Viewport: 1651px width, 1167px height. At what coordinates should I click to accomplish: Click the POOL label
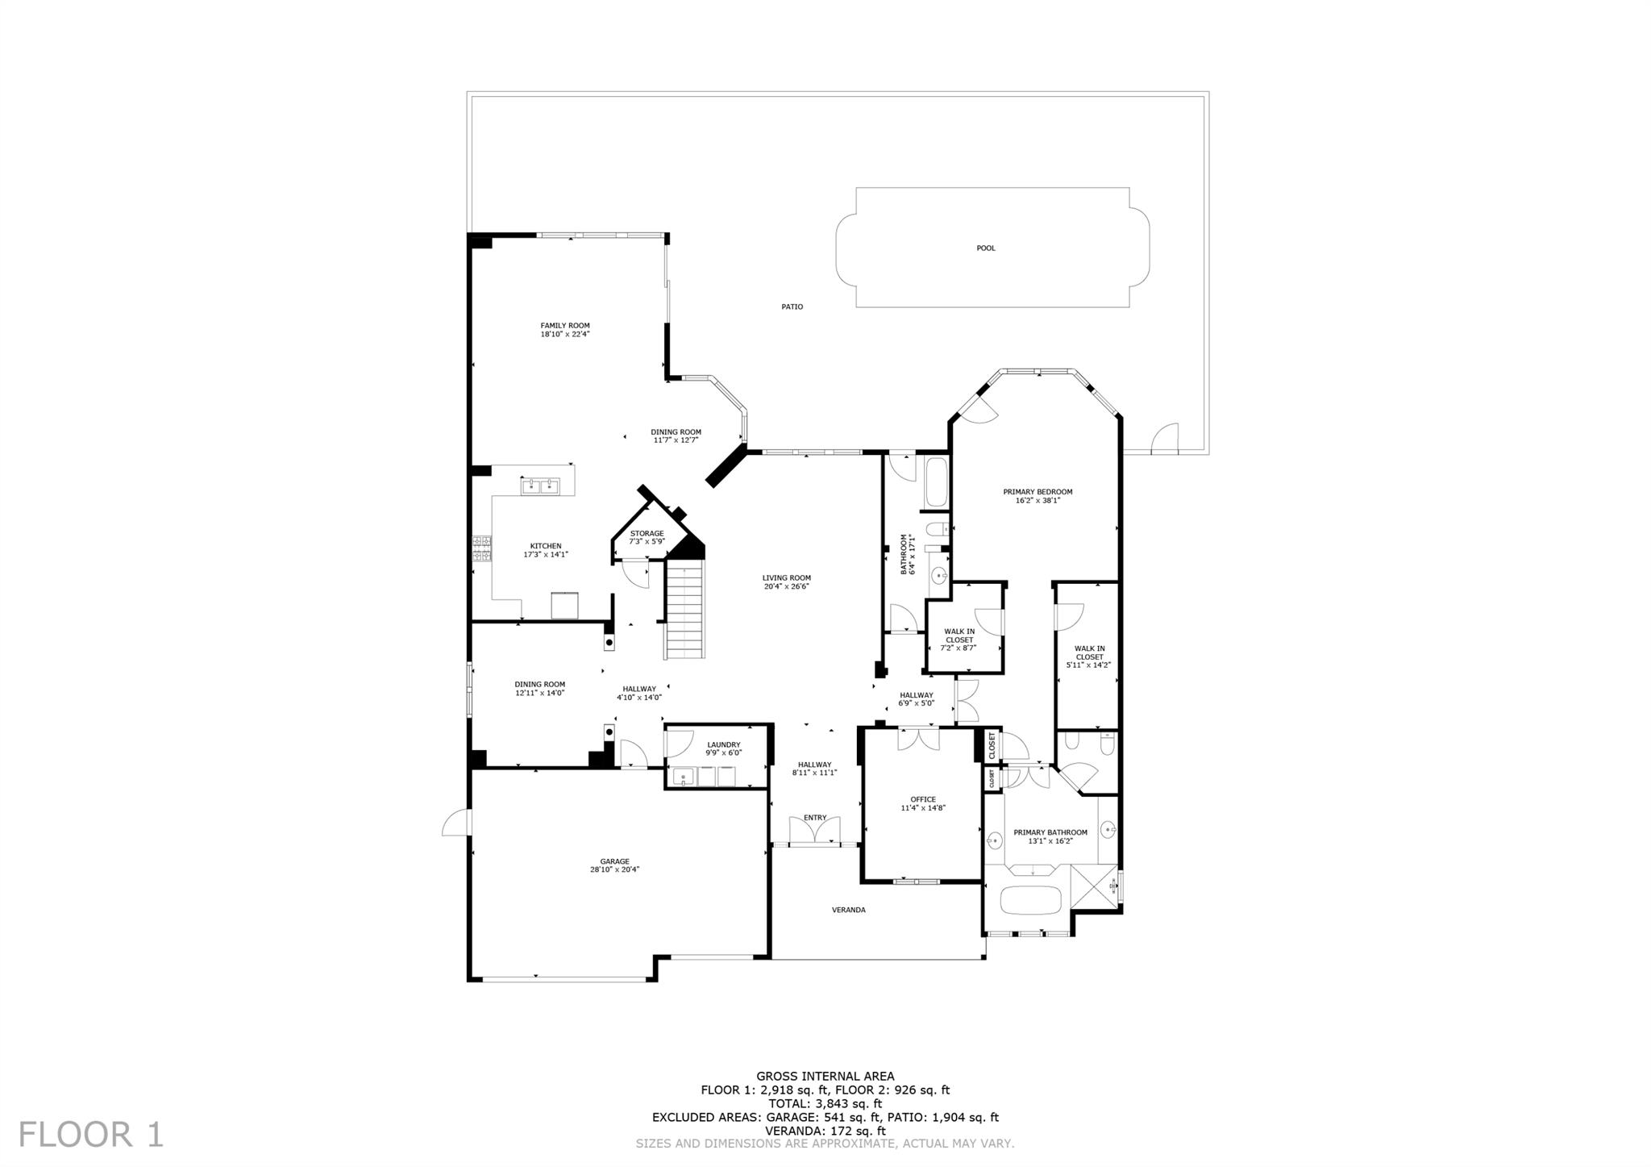point(986,248)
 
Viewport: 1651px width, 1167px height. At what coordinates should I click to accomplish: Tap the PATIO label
point(792,306)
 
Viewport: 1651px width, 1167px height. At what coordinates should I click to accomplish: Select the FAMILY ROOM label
point(565,326)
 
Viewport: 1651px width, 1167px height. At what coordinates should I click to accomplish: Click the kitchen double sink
point(541,486)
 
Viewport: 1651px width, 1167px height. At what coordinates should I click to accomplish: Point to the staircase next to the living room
point(685,611)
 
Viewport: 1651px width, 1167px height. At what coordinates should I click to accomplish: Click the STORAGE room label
point(647,533)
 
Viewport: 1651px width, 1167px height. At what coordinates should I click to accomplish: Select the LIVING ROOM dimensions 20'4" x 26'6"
point(787,586)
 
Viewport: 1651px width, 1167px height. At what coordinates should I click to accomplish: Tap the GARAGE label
point(614,861)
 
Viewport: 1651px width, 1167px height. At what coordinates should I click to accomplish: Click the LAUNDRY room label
point(724,744)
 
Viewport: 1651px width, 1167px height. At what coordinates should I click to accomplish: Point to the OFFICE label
point(923,799)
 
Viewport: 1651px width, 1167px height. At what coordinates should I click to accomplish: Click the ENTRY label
point(815,817)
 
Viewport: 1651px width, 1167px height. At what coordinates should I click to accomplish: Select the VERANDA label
point(849,910)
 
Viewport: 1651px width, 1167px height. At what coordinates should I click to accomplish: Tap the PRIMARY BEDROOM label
point(1038,492)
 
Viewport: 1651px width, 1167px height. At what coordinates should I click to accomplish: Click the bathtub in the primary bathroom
point(1031,899)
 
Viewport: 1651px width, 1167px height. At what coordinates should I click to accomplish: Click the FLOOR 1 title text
point(91,1134)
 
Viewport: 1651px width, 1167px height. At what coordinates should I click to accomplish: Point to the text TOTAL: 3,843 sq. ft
point(825,1103)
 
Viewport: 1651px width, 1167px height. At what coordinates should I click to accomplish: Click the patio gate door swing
point(1165,437)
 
